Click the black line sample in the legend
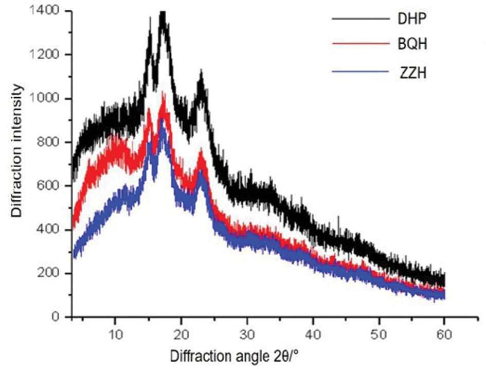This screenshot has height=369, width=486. (x=359, y=19)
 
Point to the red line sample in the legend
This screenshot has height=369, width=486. (x=359, y=45)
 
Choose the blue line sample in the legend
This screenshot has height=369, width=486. (x=359, y=74)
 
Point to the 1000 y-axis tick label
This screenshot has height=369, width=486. (x=48, y=99)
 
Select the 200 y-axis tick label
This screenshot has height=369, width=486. (x=50, y=273)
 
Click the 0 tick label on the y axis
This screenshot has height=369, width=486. (x=57, y=317)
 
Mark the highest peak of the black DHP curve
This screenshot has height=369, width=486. (x=163, y=12)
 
